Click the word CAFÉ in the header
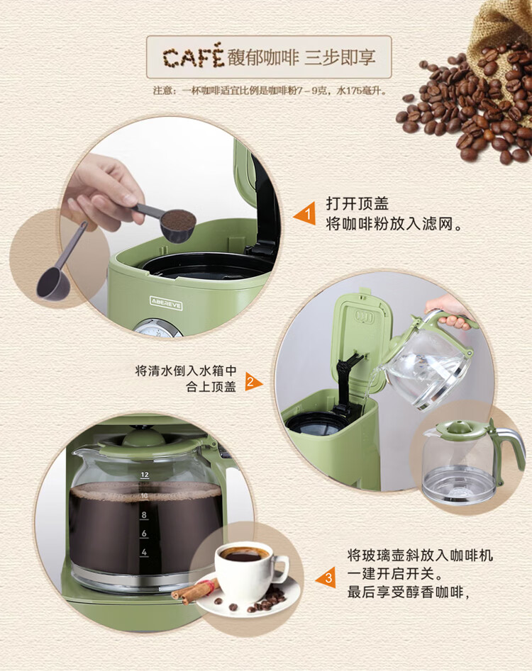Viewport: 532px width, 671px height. click(193, 57)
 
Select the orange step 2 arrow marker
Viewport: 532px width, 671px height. click(253, 381)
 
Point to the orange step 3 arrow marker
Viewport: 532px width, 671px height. click(326, 577)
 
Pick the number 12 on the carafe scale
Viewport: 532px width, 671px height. click(145, 475)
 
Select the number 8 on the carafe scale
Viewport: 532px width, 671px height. click(145, 515)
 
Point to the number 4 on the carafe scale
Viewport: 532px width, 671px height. click(145, 552)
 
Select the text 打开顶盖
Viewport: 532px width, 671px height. click(357, 203)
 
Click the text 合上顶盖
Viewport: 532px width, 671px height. click(211, 387)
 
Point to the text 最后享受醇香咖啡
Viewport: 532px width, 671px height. click(406, 592)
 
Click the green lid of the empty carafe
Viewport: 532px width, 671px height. click(458, 430)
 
